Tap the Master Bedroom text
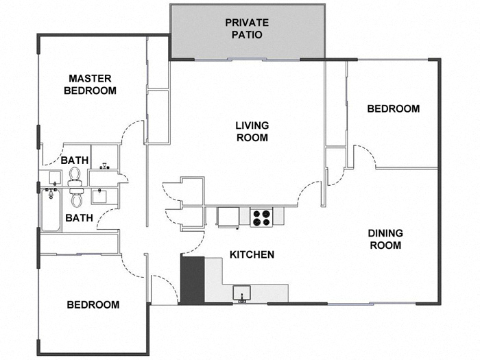pos(90,84)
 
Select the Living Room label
pos(252,131)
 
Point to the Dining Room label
pos(385,239)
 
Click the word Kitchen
pos(252,254)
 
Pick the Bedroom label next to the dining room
pos(393,108)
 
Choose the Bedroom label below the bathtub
pos(93,304)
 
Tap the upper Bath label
pos(75,160)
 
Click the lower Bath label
pos(79,218)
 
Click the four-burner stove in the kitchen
pos(261,217)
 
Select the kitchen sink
pos(241,293)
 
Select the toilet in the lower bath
pos(77,198)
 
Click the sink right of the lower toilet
pos(100,197)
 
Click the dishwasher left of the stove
pos(228,216)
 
